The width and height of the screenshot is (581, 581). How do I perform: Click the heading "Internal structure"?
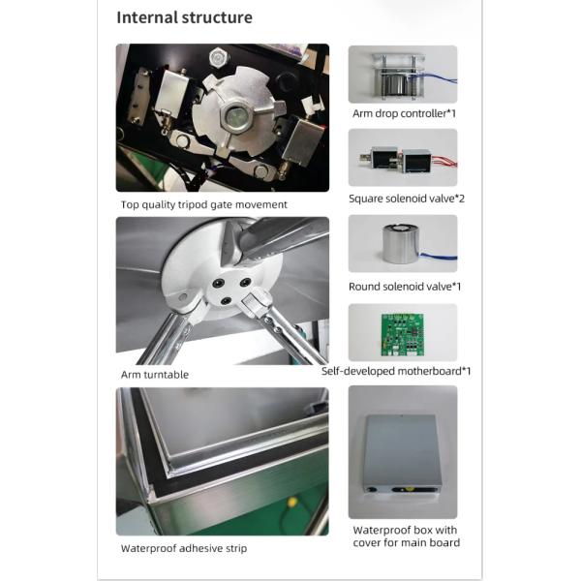pos(185,17)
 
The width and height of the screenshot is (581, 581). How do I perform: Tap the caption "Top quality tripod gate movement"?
pos(203,205)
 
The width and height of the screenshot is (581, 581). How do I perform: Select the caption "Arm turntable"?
pos(155,375)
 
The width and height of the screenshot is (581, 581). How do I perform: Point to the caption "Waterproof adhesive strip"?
pos(184,548)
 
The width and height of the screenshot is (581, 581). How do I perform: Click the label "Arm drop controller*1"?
pos(404,113)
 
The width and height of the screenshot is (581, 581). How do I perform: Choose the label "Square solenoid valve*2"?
pos(407,199)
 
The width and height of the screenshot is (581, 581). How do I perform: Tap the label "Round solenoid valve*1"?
pos(405,287)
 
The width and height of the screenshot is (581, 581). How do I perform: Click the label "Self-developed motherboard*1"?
pos(396,371)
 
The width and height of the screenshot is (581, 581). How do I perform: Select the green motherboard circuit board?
pos(403,335)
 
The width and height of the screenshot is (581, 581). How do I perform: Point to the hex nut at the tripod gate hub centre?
pos(234,116)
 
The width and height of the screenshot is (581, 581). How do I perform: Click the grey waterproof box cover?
pos(403,455)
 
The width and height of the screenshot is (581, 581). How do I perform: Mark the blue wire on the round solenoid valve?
pos(439,256)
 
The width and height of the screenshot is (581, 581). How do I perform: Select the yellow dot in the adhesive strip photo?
pos(292,503)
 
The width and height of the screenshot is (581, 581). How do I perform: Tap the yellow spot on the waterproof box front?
pos(409,489)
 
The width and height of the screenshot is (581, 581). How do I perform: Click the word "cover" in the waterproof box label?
pos(370,543)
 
